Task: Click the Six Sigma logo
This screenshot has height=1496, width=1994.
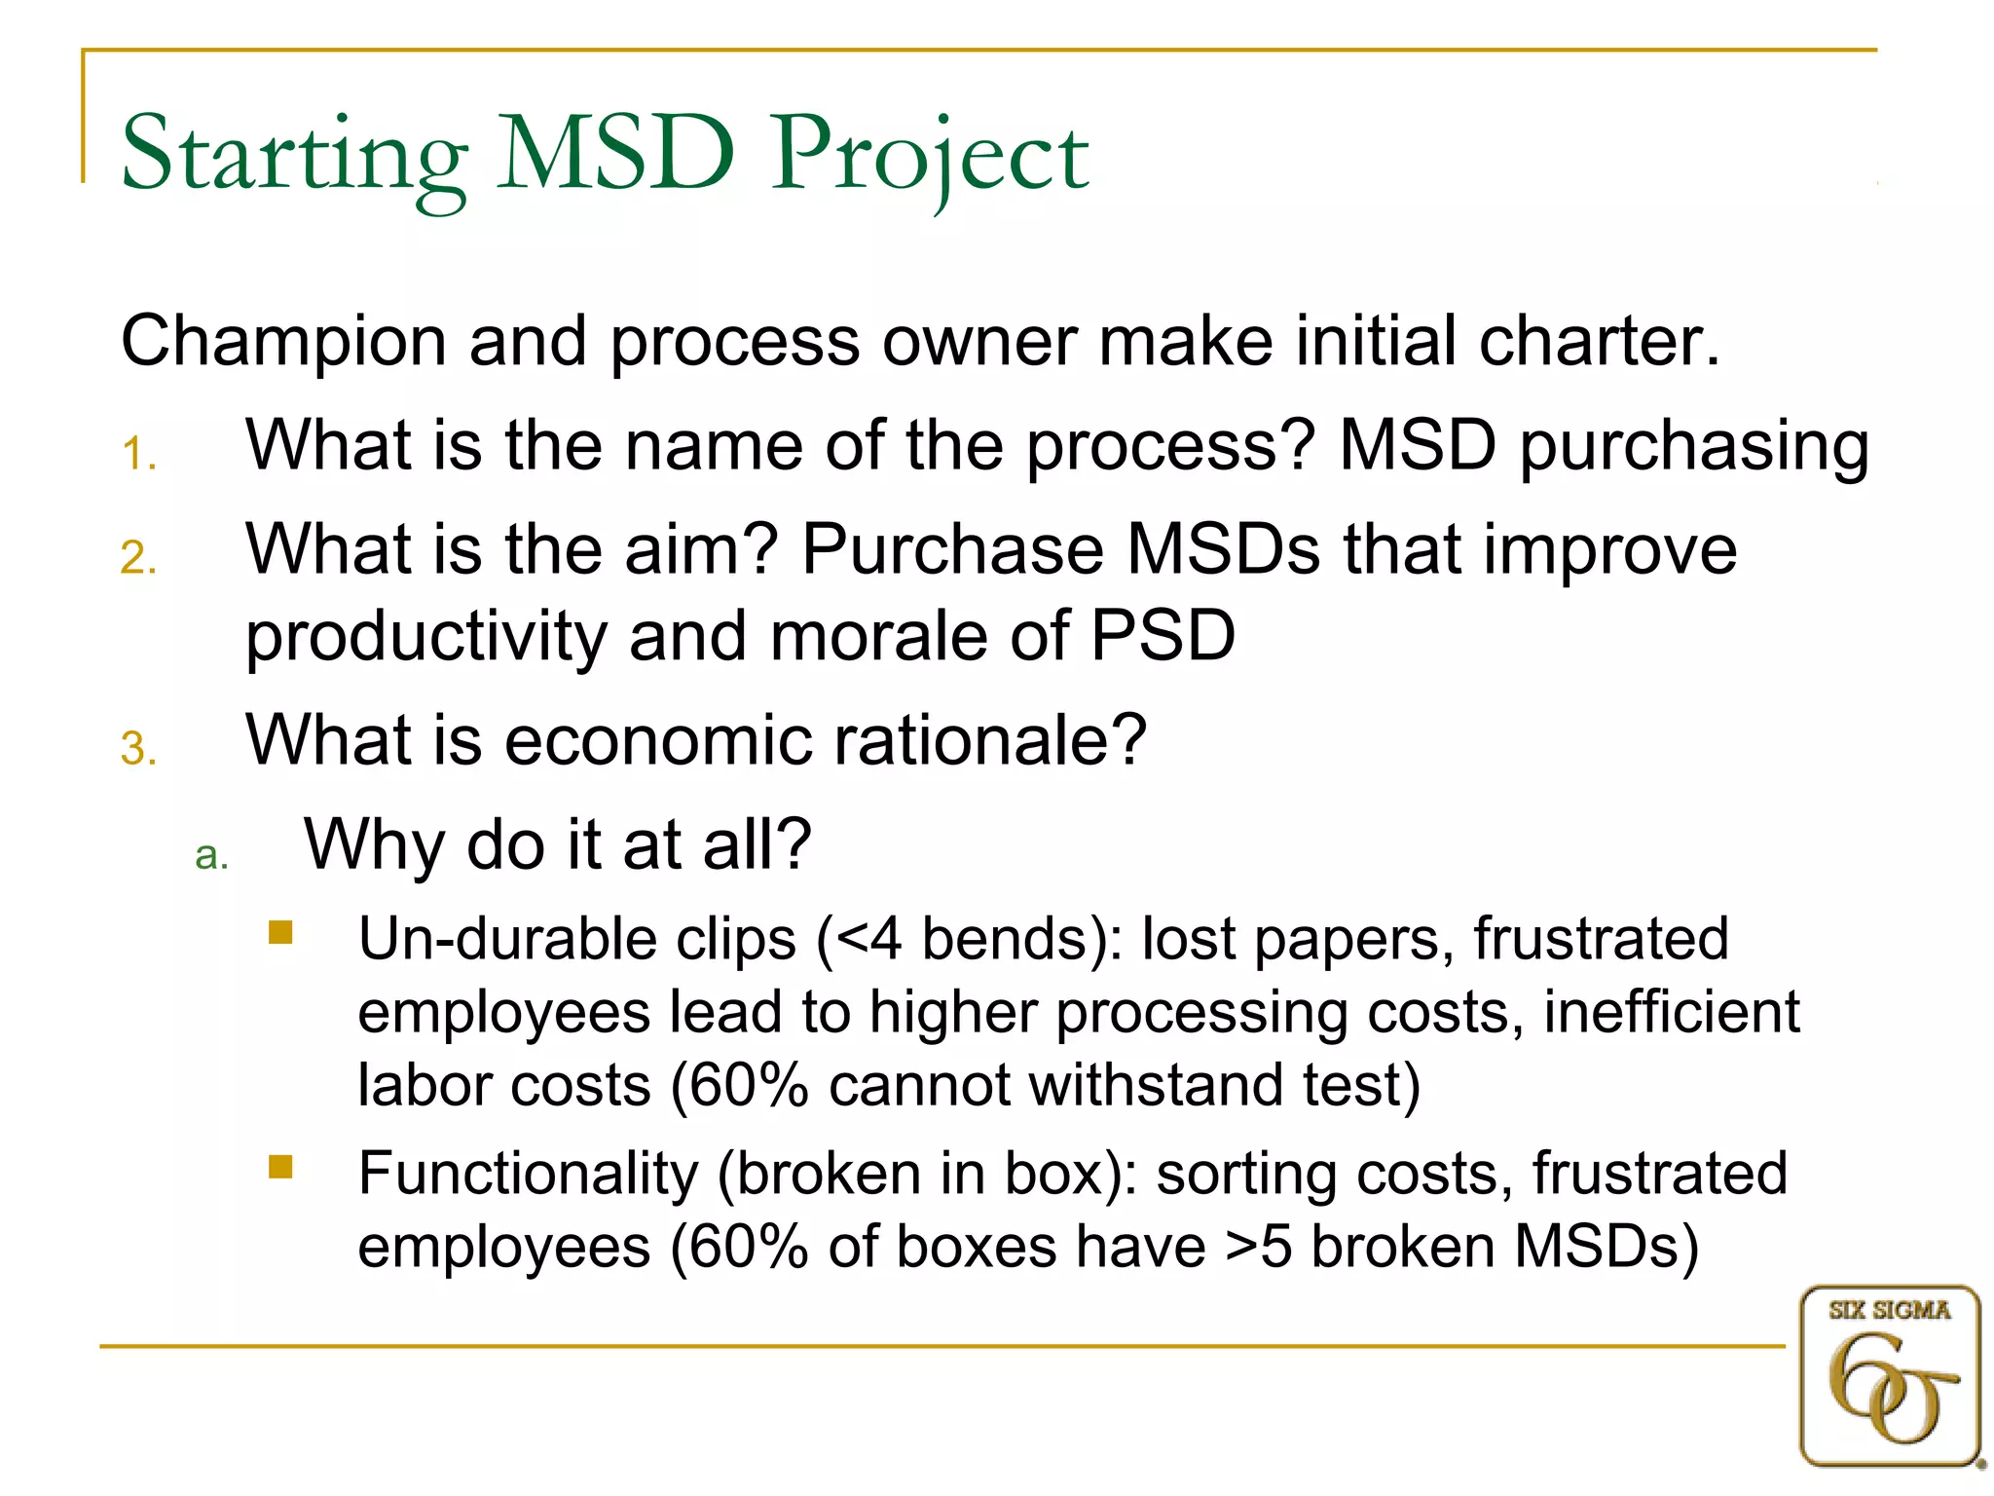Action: tap(1889, 1375)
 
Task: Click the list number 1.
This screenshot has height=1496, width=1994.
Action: tap(138, 455)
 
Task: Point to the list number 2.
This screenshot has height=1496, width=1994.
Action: tap(138, 559)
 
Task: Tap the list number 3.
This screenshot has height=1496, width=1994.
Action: tap(138, 750)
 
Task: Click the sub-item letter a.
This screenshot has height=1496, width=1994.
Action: tap(211, 856)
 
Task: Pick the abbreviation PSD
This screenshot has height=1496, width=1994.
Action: tap(1163, 637)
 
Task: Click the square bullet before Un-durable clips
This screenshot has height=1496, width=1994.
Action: tap(280, 933)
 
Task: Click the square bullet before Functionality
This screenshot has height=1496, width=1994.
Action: tap(280, 1167)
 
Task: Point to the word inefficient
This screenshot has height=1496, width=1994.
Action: tap(1671, 1013)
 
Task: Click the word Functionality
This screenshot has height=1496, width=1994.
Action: tap(528, 1174)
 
